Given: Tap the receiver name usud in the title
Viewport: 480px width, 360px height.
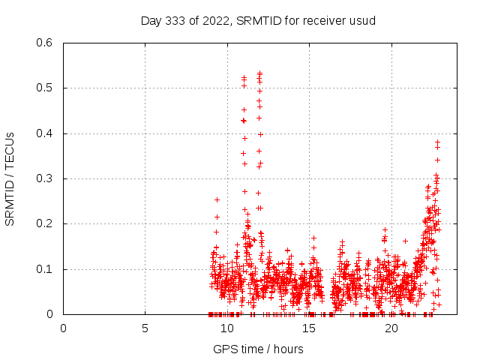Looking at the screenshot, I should tap(361, 20).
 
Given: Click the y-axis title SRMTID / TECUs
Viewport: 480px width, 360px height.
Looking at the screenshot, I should tap(10, 178).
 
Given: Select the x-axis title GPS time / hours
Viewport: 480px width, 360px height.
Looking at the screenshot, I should tap(258, 349).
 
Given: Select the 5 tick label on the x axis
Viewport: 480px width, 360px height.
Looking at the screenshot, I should tap(145, 328).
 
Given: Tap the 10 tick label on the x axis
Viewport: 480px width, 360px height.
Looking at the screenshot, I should tap(227, 328).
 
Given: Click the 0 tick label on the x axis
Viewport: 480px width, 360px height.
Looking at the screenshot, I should tap(63, 328).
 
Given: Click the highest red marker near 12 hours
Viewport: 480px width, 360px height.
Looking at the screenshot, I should tap(259, 73).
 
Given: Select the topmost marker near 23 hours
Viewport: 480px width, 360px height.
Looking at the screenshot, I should tap(437, 142).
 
